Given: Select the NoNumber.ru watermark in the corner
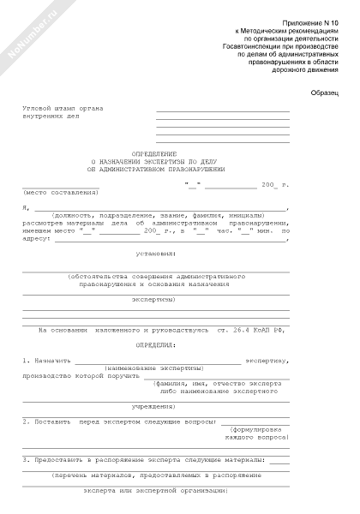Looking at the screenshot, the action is (x=26, y=34).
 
